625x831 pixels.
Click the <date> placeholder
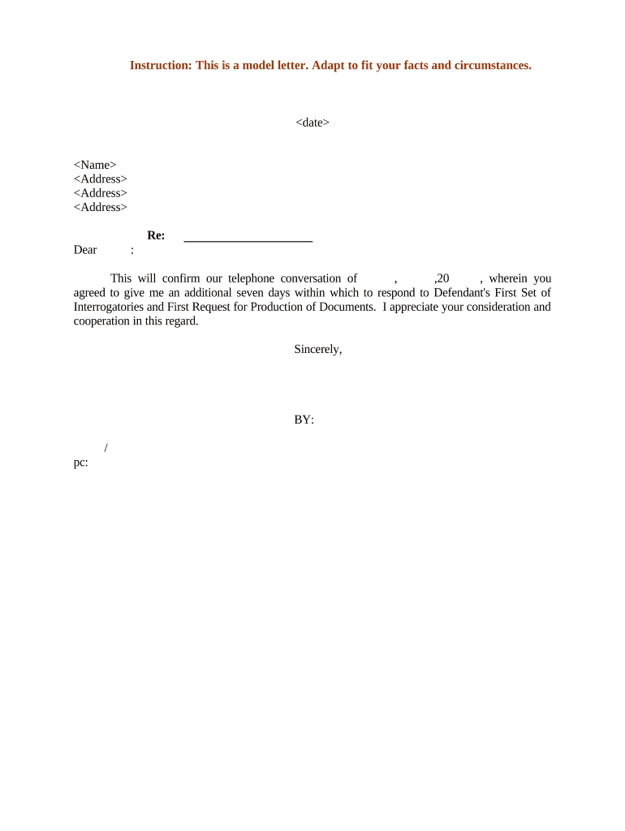click(312, 123)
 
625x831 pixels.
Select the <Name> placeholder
click(95, 165)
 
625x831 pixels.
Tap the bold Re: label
click(156, 235)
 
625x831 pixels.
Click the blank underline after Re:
click(248, 239)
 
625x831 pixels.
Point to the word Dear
click(85, 250)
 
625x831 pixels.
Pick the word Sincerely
click(317, 349)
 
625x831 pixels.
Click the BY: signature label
click(304, 420)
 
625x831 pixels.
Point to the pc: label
click(80, 463)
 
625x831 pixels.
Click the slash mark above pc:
click(106, 448)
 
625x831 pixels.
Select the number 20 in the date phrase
click(443, 278)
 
